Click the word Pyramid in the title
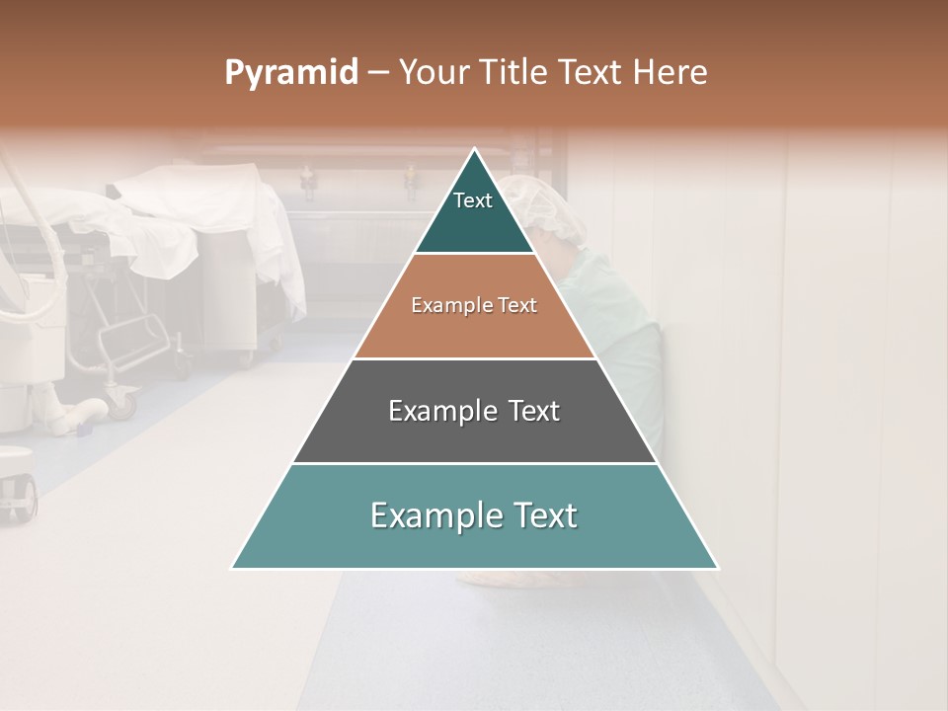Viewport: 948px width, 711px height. click(x=291, y=73)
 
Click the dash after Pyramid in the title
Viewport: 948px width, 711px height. click(x=378, y=73)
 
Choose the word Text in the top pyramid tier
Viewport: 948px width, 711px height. click(x=473, y=200)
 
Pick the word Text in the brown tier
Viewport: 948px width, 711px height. click(x=517, y=306)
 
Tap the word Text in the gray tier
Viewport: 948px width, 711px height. click(x=536, y=411)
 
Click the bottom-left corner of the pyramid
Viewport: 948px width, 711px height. click(x=232, y=568)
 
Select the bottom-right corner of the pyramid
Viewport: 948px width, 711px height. click(x=718, y=568)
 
